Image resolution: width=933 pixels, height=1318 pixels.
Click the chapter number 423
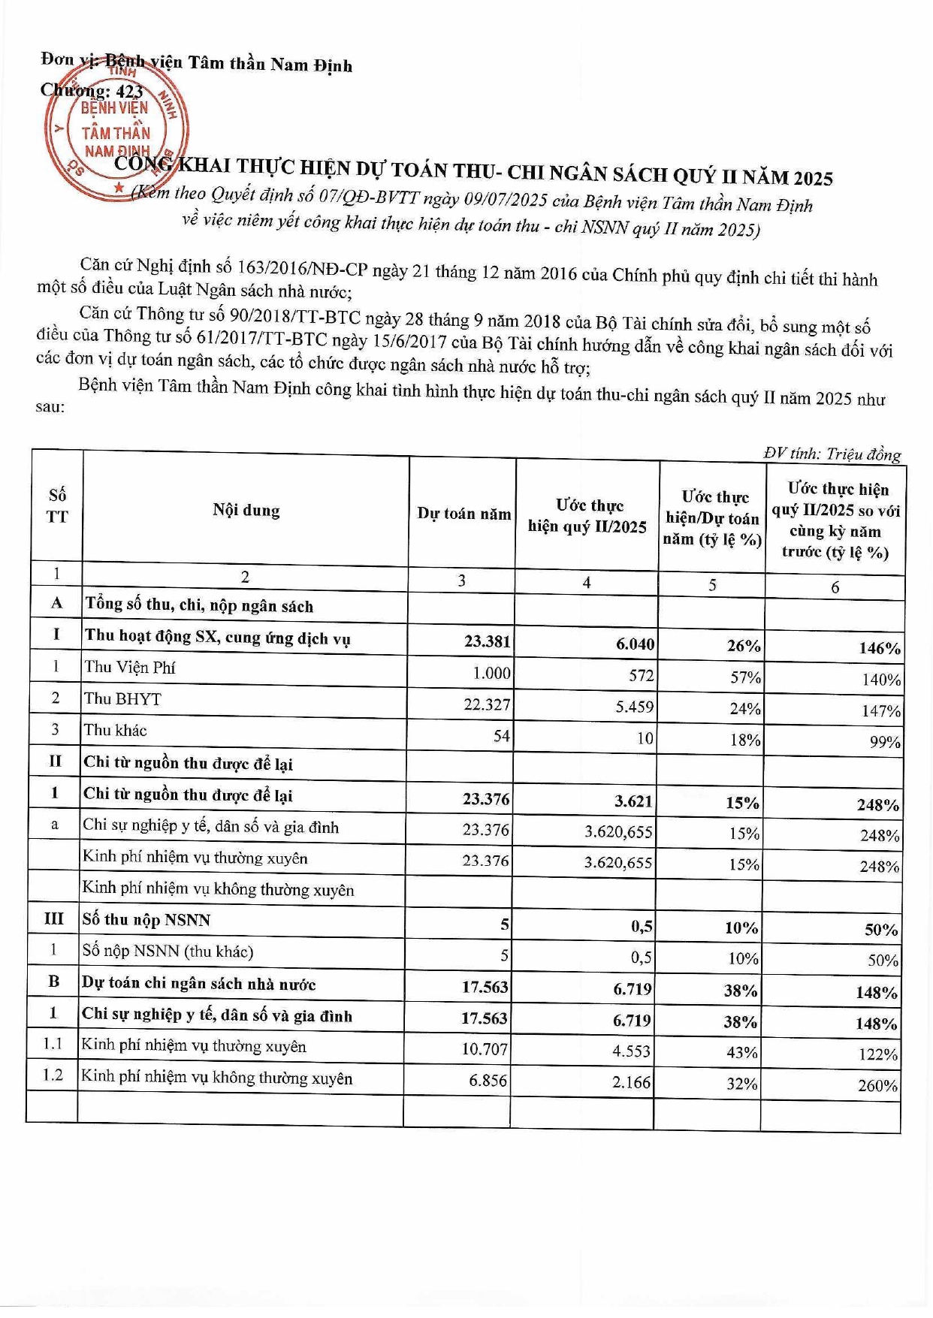click(x=129, y=92)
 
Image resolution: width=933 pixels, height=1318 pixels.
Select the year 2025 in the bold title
click(x=813, y=178)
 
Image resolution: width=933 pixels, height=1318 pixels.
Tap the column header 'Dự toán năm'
click(x=463, y=514)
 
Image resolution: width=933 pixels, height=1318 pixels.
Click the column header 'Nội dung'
click(x=246, y=511)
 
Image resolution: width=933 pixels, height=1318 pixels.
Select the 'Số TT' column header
click(x=57, y=506)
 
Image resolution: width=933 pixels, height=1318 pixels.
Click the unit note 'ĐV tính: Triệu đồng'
click(x=832, y=454)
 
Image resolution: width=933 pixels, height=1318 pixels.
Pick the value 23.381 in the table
click(x=487, y=641)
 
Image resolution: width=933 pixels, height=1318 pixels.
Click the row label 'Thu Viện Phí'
click(x=130, y=667)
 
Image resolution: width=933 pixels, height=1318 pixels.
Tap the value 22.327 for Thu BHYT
click(x=486, y=704)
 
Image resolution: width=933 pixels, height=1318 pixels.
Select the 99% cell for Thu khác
click(x=884, y=742)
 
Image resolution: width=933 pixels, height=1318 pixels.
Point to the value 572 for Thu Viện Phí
click(x=642, y=675)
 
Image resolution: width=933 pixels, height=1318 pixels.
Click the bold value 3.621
click(x=633, y=801)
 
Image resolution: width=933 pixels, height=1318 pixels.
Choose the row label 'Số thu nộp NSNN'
click(x=146, y=920)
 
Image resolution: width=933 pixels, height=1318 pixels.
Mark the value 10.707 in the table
click(x=485, y=1048)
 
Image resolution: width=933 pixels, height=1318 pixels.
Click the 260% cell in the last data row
click(x=877, y=1085)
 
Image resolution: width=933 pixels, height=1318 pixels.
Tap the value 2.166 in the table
click(x=632, y=1082)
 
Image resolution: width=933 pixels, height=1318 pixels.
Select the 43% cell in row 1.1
click(x=741, y=1052)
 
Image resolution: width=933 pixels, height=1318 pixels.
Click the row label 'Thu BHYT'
click(x=122, y=698)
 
